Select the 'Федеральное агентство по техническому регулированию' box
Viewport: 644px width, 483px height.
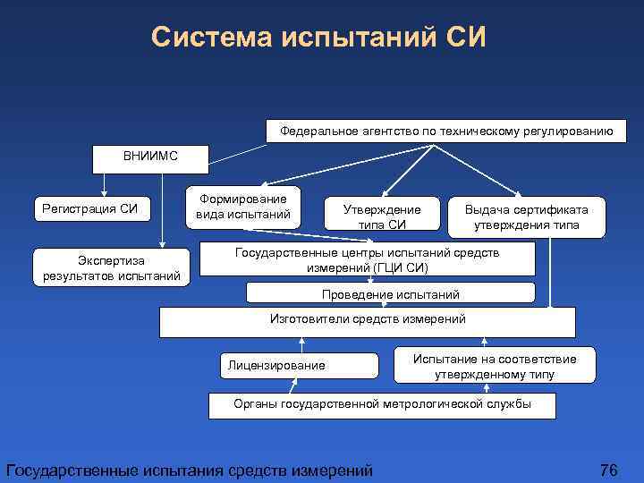point(446,131)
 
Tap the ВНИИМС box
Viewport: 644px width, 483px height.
point(151,157)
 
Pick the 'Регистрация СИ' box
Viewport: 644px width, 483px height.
point(90,209)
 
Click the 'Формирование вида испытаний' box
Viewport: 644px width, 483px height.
point(243,207)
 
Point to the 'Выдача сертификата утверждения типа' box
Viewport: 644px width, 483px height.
point(527,216)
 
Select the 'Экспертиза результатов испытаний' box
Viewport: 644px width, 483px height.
point(112,267)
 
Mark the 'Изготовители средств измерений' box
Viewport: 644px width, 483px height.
point(368,321)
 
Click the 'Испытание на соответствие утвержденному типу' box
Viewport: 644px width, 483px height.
point(495,366)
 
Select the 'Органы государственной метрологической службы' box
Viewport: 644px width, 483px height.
point(382,404)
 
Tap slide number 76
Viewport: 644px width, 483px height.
point(609,470)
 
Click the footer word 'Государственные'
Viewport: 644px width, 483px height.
point(71,470)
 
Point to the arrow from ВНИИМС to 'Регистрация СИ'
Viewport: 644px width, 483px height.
point(105,184)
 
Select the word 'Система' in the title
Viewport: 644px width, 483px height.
point(212,38)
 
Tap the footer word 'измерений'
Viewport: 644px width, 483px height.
point(332,470)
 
